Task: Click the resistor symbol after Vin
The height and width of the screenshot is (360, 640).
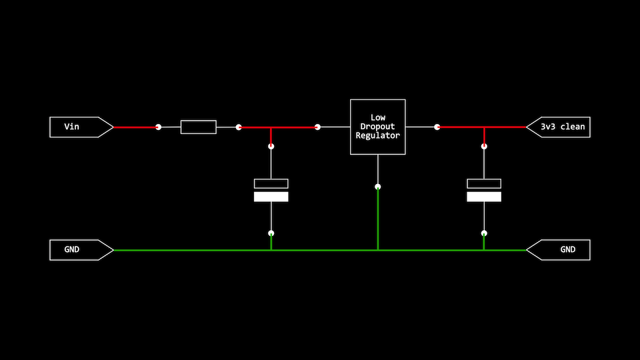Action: pyautogui.click(x=199, y=127)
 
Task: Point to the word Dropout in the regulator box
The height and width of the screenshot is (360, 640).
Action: pyautogui.click(x=378, y=126)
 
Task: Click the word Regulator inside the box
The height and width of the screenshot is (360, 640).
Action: pyautogui.click(x=378, y=135)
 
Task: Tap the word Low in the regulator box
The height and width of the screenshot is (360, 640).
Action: pyautogui.click(x=378, y=117)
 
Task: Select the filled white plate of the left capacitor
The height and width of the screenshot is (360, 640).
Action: pyautogui.click(x=271, y=197)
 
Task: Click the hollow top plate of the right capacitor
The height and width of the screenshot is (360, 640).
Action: pyautogui.click(x=484, y=183)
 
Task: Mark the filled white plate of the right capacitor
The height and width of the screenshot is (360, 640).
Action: pyautogui.click(x=484, y=197)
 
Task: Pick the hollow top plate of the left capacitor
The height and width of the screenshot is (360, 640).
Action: pyautogui.click(x=271, y=183)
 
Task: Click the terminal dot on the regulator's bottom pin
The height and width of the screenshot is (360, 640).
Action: pyautogui.click(x=378, y=187)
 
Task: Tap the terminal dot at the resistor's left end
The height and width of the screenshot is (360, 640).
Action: pyautogui.click(x=158, y=127)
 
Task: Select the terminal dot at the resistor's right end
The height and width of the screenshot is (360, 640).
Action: pyautogui.click(x=239, y=127)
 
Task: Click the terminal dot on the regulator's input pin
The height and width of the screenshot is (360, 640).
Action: pyautogui.click(x=317, y=127)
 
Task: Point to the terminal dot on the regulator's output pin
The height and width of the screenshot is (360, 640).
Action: pyautogui.click(x=437, y=127)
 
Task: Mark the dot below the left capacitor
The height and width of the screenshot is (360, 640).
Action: pyautogui.click(x=271, y=233)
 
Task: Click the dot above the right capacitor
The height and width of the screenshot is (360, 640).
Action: pyautogui.click(x=484, y=146)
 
